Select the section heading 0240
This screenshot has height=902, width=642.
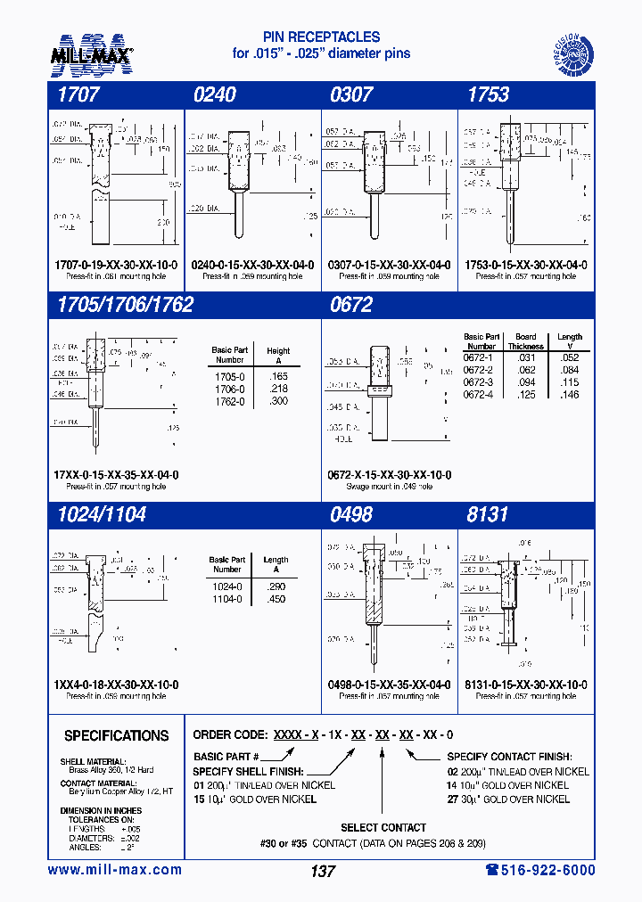click(215, 94)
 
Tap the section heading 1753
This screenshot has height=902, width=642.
click(489, 94)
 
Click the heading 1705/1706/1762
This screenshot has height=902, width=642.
click(125, 304)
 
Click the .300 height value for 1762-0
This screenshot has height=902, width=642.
click(278, 402)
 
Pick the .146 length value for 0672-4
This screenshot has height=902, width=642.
click(569, 394)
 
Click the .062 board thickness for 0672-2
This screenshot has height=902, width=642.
click(526, 370)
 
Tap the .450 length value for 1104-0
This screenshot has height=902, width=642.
click(276, 599)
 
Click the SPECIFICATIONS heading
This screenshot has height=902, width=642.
click(116, 735)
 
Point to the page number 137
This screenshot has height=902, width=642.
click(323, 871)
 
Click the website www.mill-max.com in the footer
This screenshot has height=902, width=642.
click(114, 870)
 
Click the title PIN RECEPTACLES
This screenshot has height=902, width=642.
click(321, 37)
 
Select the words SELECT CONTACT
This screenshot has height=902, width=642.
click(383, 827)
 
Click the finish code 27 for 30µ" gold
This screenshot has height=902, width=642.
click(454, 799)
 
